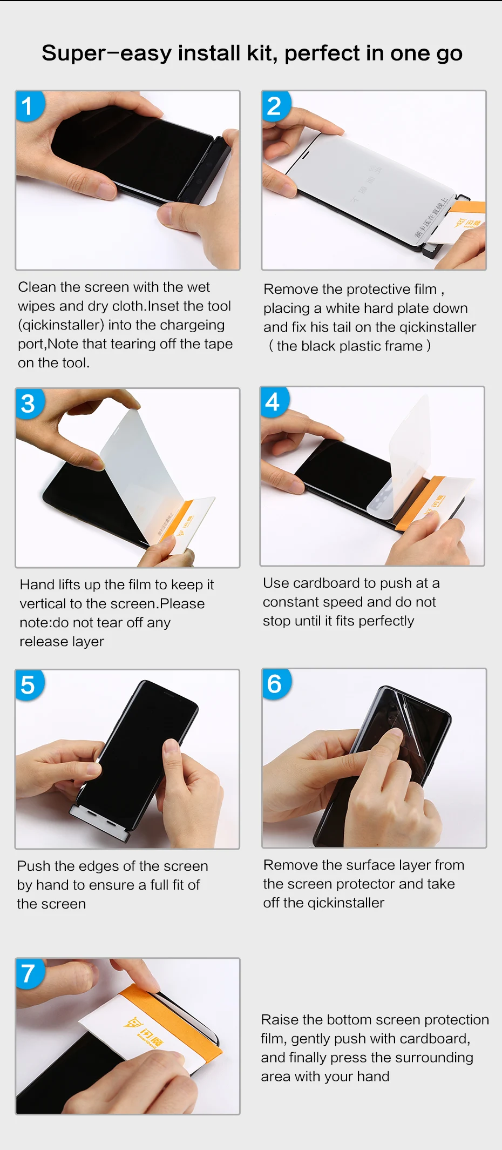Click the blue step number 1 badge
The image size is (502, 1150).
(28, 105)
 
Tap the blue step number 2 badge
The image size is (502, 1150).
(275, 105)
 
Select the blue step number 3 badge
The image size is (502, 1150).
(28, 403)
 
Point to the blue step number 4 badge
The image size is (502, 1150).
(273, 402)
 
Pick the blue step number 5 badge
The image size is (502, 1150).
(28, 685)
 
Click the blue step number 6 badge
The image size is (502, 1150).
(275, 684)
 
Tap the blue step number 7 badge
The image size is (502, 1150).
(28, 973)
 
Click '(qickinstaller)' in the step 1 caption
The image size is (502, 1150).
(61, 325)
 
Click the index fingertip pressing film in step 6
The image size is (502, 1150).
(396, 735)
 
